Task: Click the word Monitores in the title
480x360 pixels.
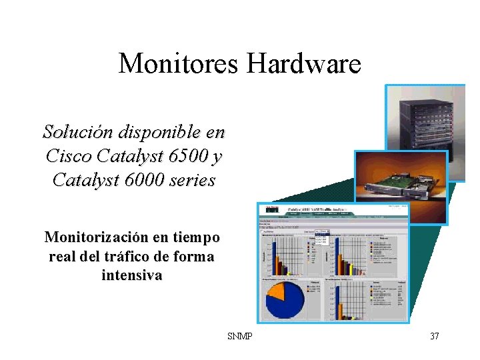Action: [x=179, y=64]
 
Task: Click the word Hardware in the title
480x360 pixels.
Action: [x=303, y=64]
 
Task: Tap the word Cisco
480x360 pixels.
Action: [x=69, y=156]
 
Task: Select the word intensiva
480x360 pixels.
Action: [x=131, y=275]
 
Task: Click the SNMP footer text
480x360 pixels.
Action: [x=239, y=336]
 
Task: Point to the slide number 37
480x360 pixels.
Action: [x=434, y=336]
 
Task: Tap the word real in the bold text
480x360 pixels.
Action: [x=63, y=257]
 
